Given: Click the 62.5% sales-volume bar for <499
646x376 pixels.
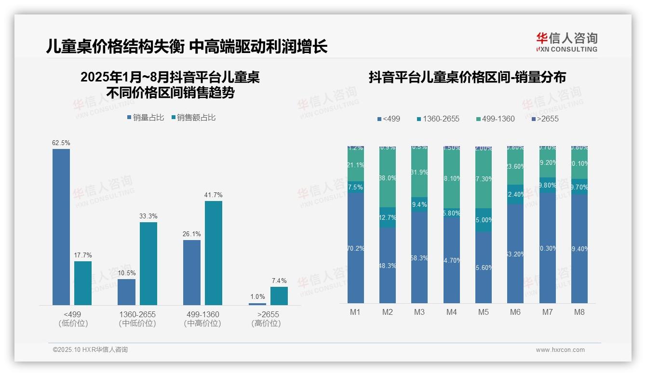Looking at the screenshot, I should [x=61, y=227].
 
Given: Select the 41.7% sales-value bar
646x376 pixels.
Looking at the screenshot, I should [x=214, y=253].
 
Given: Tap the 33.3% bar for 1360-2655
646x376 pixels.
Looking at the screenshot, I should [x=148, y=263].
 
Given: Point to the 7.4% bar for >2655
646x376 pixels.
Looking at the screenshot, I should [x=279, y=296].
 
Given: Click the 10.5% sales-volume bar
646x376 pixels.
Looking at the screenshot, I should [x=126, y=292].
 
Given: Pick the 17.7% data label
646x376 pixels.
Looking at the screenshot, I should [x=83, y=255].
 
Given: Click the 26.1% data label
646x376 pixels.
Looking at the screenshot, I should [x=192, y=234].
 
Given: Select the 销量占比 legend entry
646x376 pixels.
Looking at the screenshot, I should [x=146, y=118].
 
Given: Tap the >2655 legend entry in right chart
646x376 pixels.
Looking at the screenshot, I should [x=545, y=119].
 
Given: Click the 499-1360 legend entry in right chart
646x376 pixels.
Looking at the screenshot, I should [x=495, y=119].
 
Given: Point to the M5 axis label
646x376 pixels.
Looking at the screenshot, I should [x=484, y=312].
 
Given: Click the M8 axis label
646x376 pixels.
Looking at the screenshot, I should [x=579, y=312].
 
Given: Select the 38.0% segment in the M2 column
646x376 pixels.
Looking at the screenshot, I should [x=388, y=178].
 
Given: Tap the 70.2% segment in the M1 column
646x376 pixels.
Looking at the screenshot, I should [x=356, y=248].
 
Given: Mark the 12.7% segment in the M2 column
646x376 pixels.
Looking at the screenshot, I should [x=388, y=217].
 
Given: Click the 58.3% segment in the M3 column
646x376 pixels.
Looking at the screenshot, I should [x=419, y=257].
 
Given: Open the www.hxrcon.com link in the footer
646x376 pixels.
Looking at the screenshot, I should [x=560, y=350].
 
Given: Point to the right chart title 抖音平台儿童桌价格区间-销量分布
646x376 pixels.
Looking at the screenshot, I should [x=467, y=77].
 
